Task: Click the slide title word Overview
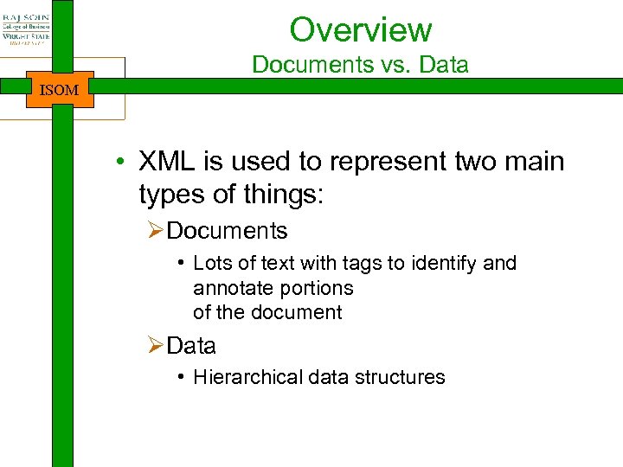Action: (360, 29)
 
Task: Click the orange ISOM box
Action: (60, 89)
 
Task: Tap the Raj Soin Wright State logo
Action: (26, 29)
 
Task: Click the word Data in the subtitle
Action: (445, 65)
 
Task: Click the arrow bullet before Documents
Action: (155, 231)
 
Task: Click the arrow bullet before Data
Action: (155, 346)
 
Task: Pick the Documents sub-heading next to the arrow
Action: (227, 231)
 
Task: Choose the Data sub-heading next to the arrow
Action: (191, 346)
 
